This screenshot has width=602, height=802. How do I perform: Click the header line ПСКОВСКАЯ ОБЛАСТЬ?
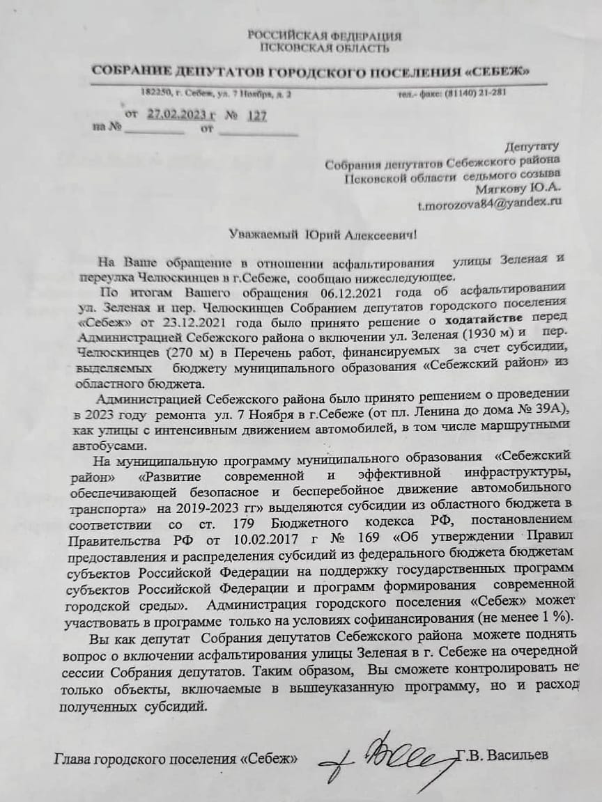tap(325, 48)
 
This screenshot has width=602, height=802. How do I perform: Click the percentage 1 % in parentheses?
tap(552, 618)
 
